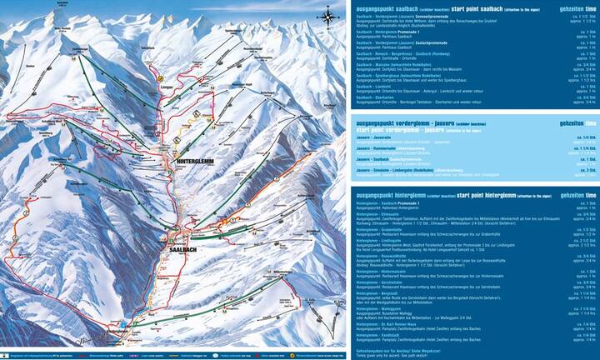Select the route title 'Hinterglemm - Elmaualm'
tap(379, 214)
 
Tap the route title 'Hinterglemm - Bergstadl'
tap(379, 292)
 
